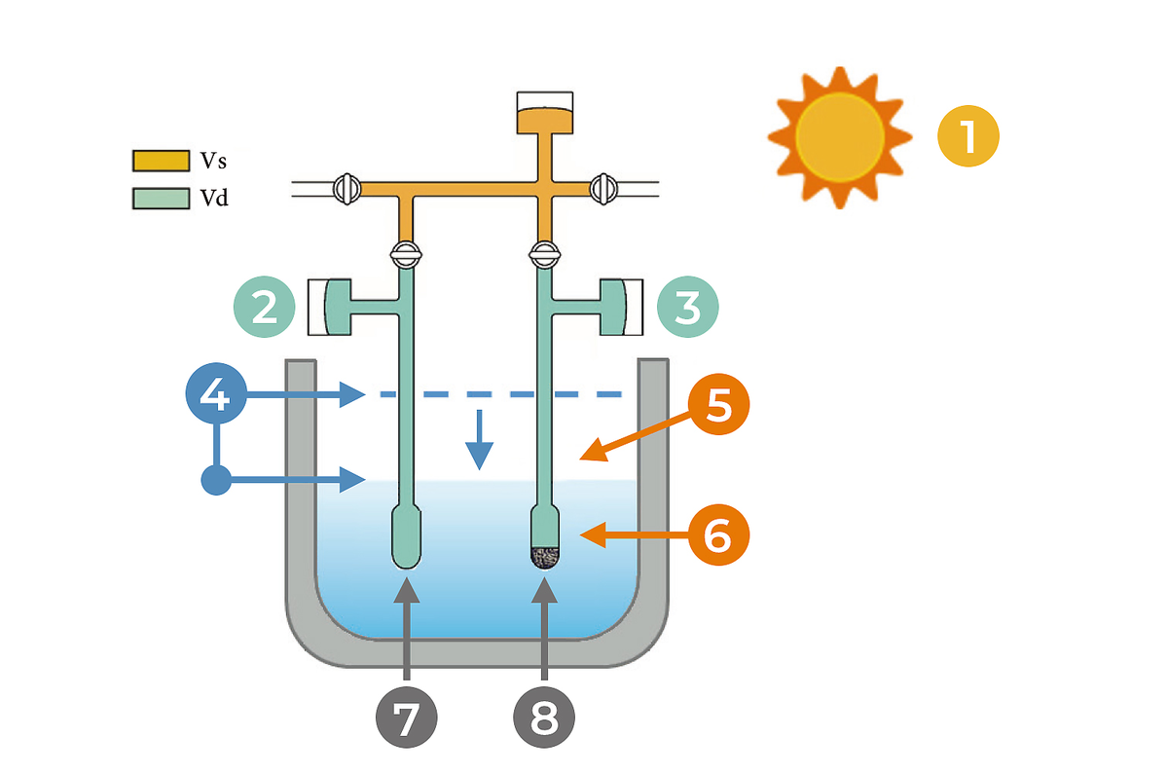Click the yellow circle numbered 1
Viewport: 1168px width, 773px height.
point(968,135)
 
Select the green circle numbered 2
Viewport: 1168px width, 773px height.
point(264,308)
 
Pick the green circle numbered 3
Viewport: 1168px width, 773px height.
point(688,308)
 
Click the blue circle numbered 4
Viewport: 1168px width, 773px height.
point(216,395)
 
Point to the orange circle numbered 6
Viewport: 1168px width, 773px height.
point(719,534)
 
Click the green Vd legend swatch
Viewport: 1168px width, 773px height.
point(161,199)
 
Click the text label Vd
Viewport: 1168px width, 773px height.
point(214,200)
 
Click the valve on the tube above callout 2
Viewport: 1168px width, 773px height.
point(405,256)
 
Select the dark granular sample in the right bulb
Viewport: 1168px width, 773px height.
point(544,557)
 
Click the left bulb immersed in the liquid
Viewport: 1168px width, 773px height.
point(406,536)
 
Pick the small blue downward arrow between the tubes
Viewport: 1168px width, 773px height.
point(479,439)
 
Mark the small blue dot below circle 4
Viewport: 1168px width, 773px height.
point(216,479)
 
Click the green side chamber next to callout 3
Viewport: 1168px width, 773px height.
point(615,308)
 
